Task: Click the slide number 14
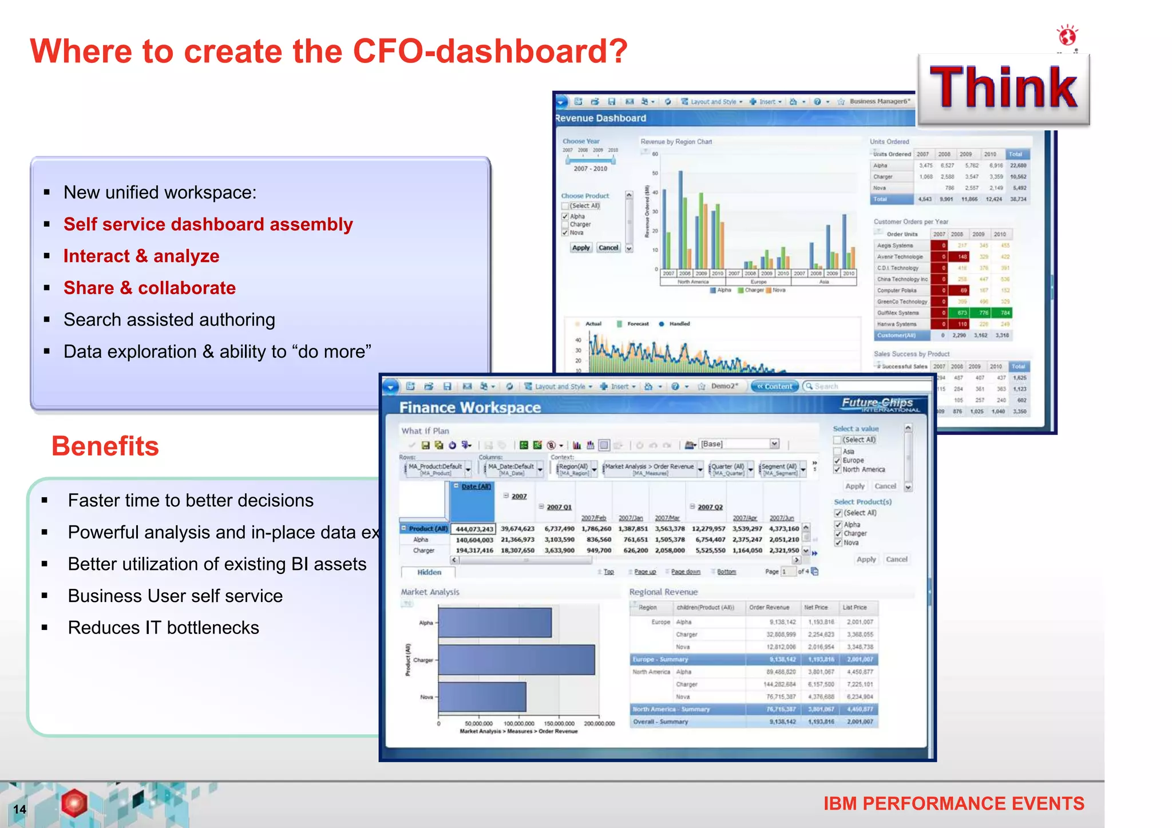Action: [x=19, y=809]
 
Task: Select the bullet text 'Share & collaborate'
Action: [x=149, y=288]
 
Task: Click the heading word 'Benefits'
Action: [x=105, y=446]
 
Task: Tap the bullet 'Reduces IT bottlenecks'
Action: [x=163, y=628]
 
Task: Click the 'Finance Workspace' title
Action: [x=470, y=407]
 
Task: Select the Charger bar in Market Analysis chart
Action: [x=516, y=660]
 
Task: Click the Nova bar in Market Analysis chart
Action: [x=482, y=696]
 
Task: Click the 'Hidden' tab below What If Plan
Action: [x=429, y=572]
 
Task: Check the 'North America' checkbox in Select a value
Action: [x=838, y=470]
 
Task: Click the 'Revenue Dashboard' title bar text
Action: [x=600, y=118]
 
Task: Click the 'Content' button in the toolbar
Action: [x=774, y=386]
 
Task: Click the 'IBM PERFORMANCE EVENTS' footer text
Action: [x=953, y=803]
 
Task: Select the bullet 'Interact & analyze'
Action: [x=141, y=256]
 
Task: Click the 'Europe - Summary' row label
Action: [x=660, y=659]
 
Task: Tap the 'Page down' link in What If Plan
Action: [x=686, y=572]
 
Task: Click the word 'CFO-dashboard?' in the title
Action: [x=490, y=51]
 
